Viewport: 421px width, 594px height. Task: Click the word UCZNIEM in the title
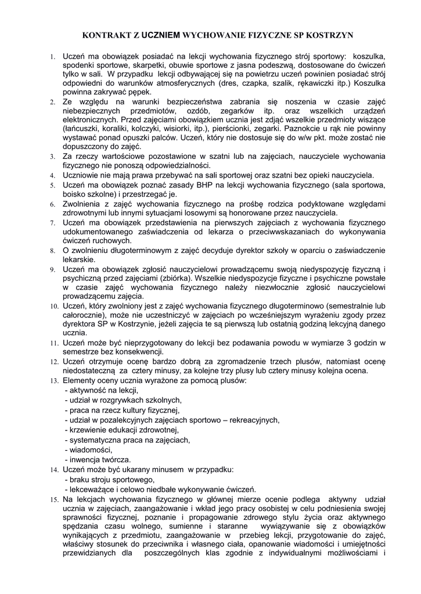pos(161,35)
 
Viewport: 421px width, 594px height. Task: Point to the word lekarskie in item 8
pos(79,259)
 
